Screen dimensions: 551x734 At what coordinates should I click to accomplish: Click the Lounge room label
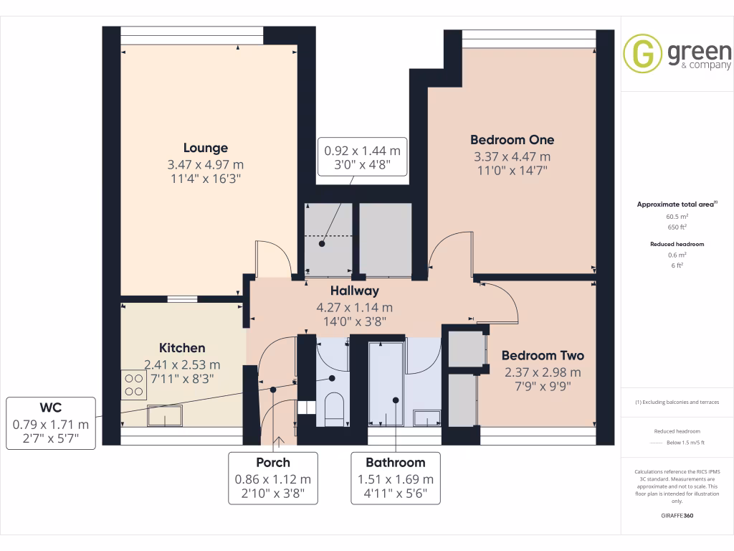point(205,148)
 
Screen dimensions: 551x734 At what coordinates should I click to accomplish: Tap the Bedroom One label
point(512,139)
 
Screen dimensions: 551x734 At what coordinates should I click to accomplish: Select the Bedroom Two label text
point(543,355)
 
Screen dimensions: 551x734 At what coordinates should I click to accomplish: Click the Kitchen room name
point(182,347)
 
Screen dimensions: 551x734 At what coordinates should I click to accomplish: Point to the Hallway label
point(354,291)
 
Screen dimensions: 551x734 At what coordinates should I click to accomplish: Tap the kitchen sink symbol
point(165,415)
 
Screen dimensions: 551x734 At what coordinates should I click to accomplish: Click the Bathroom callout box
point(396,479)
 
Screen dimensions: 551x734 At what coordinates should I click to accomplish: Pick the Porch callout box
point(273,479)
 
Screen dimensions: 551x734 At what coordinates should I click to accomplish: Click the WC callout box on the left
point(50,423)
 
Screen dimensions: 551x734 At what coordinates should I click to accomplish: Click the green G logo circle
point(642,53)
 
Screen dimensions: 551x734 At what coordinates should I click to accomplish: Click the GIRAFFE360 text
point(677,515)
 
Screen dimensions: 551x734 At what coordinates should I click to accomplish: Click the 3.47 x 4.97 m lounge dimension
point(205,164)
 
